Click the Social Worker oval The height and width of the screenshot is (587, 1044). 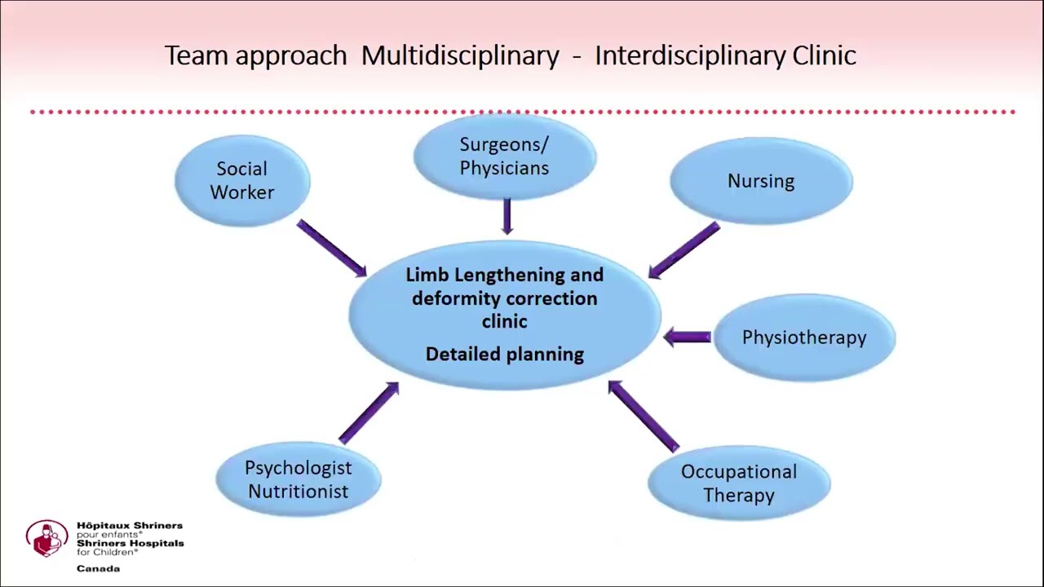pos(242,180)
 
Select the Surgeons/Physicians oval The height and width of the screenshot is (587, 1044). pos(504,157)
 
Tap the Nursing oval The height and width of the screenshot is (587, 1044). pos(761,181)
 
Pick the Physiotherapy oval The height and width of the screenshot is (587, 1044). pos(804,338)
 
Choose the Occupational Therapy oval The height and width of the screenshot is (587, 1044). pos(739,483)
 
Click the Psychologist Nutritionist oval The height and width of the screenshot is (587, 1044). pos(299,479)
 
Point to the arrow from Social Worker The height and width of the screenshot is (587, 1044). pos(331,248)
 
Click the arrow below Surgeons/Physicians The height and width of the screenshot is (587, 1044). pos(507,216)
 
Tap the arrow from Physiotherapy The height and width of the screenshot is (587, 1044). pos(688,337)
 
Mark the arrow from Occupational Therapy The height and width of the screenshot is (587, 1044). pos(644,416)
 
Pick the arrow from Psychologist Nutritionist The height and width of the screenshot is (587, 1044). pos(369,413)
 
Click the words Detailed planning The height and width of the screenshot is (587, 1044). pos(505,354)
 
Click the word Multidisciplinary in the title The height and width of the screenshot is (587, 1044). pos(460,55)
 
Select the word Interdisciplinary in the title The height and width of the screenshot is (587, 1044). pos(690,55)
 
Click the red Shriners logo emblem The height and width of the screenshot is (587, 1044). pos(46,539)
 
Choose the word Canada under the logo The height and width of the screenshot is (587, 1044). pos(98,568)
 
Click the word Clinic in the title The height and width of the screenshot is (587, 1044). pos(824,55)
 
